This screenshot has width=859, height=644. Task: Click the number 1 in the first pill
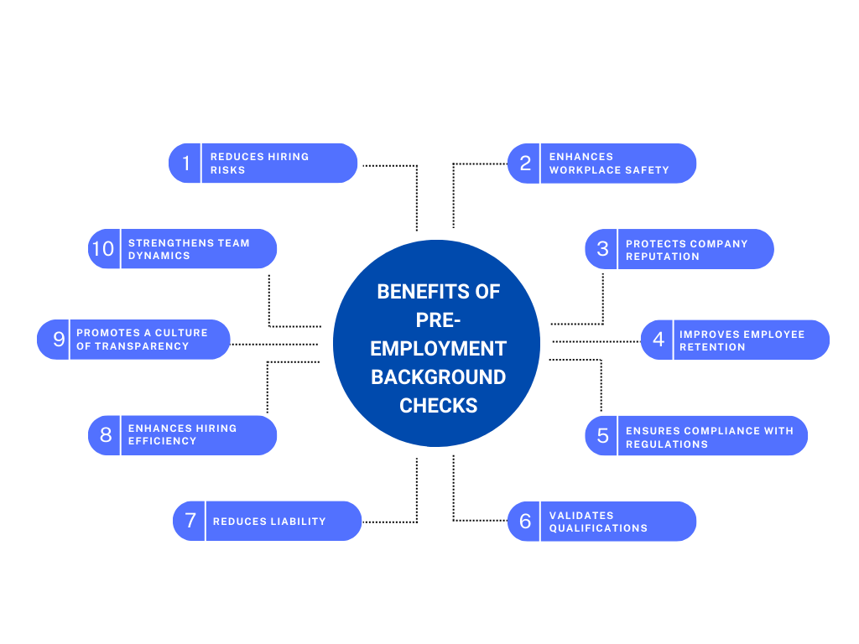coord(185,163)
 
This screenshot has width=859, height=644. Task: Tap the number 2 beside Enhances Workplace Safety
coord(525,163)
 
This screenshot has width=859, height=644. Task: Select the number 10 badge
coord(102,249)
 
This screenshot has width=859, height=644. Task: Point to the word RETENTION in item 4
coord(712,347)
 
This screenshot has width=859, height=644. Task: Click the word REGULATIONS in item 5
coord(667,444)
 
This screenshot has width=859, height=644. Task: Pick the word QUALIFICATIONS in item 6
coord(598,528)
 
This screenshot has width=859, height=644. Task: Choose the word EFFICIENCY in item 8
coord(162,441)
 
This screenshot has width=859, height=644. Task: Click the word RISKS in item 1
coord(228,170)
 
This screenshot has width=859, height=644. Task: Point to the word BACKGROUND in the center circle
coord(438,377)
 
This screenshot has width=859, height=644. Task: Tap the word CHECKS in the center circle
coord(438,405)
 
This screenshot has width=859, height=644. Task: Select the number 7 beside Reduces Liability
coord(190,521)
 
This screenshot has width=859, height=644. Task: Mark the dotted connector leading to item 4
coord(596,341)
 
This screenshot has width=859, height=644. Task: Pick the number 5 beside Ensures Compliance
coord(602,436)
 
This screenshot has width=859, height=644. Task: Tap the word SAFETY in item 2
coord(649,170)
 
